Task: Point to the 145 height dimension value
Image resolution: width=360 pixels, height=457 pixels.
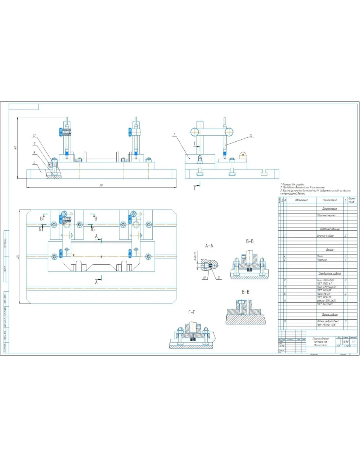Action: click(15, 147)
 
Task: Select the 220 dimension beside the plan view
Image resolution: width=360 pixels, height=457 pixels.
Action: click(18, 257)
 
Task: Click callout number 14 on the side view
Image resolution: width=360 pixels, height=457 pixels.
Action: click(250, 136)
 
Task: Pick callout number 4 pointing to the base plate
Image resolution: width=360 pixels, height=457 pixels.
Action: click(34, 162)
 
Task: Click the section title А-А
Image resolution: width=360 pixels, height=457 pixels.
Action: click(209, 246)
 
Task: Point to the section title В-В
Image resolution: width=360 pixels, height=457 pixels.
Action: click(245, 292)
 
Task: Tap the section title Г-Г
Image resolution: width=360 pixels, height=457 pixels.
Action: click(191, 312)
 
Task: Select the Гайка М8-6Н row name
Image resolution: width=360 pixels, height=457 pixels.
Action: click(324, 294)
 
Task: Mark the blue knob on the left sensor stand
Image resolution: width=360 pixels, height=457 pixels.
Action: click(60, 131)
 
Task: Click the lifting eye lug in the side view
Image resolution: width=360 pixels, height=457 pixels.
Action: click(243, 155)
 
